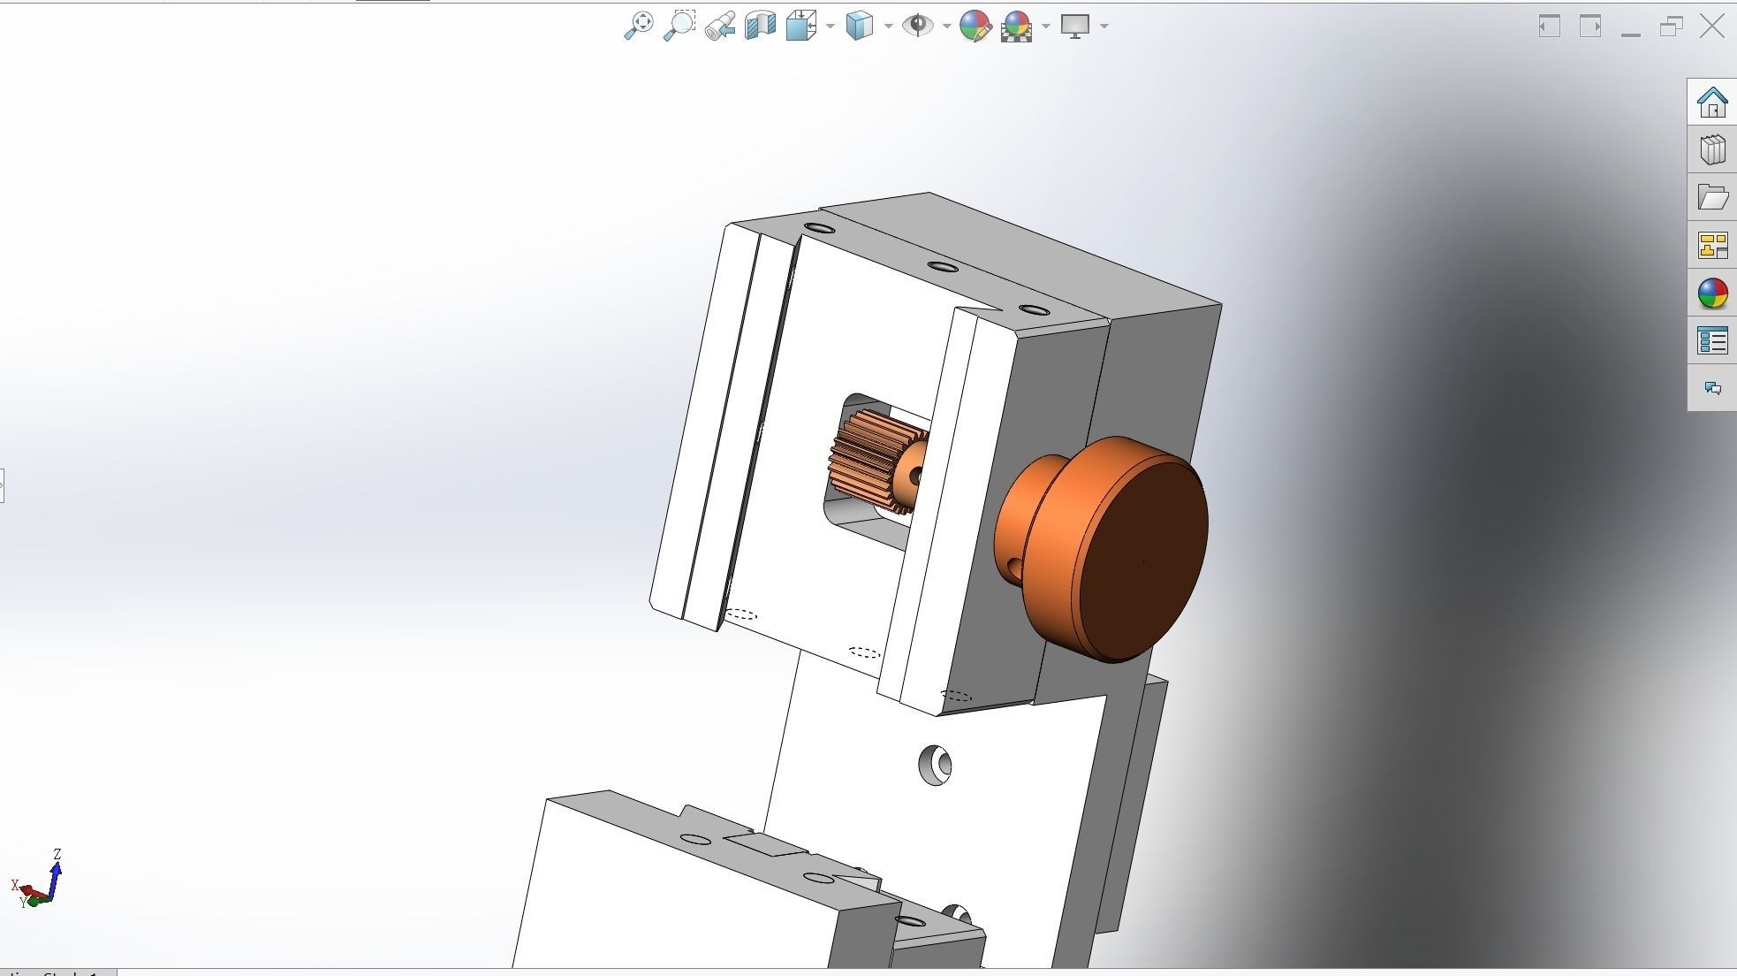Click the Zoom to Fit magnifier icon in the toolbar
(x=638, y=26)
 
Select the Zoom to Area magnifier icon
(x=679, y=26)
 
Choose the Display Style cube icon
(x=859, y=26)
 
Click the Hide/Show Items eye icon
(x=917, y=26)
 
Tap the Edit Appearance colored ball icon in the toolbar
(x=975, y=26)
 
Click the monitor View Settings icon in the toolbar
(x=1074, y=26)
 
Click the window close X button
(x=1711, y=26)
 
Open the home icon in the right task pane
(x=1712, y=103)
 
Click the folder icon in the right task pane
(x=1712, y=197)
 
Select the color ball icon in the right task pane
(x=1712, y=294)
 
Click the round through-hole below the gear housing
(x=935, y=765)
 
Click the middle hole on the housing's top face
(x=943, y=267)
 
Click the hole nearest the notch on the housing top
(x=1034, y=310)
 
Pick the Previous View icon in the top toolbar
(x=720, y=26)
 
